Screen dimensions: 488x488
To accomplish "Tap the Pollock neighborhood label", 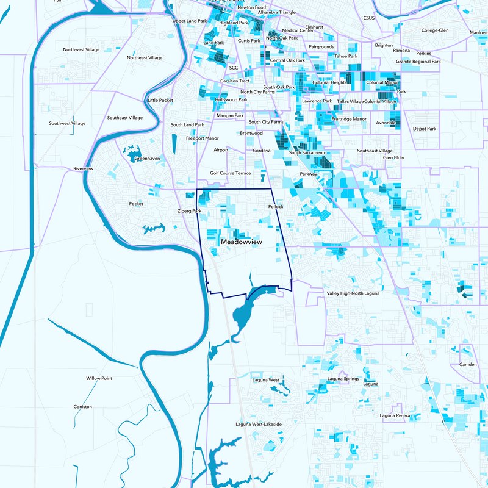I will pyautogui.click(x=276, y=207).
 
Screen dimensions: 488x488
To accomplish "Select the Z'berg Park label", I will pyautogui.click(x=189, y=211).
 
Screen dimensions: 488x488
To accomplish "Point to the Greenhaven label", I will pyautogui.click(x=147, y=158).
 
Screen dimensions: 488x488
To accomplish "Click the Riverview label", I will pyautogui.click(x=83, y=168).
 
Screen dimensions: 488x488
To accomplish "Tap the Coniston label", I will pyautogui.click(x=82, y=407).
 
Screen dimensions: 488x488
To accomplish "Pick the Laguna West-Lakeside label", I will pyautogui.click(x=259, y=424).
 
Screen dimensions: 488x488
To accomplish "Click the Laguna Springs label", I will pyautogui.click(x=343, y=379).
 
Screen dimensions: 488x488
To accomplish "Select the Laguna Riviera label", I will pyautogui.click(x=395, y=415).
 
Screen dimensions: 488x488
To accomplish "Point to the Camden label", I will pyautogui.click(x=467, y=365).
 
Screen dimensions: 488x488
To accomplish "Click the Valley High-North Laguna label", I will pyautogui.click(x=353, y=293).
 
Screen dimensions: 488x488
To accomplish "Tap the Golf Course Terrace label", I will pyautogui.click(x=231, y=173).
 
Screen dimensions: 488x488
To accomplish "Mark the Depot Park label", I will pyautogui.click(x=425, y=129).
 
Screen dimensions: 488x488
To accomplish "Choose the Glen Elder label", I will pyautogui.click(x=394, y=157).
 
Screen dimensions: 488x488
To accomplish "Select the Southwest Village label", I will pyautogui.click(x=68, y=123).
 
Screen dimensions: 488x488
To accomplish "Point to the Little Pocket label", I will pyautogui.click(x=160, y=100).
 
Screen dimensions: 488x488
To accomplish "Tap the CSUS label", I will pyautogui.click(x=368, y=18).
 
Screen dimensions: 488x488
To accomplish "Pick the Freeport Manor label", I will pyautogui.click(x=203, y=138).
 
